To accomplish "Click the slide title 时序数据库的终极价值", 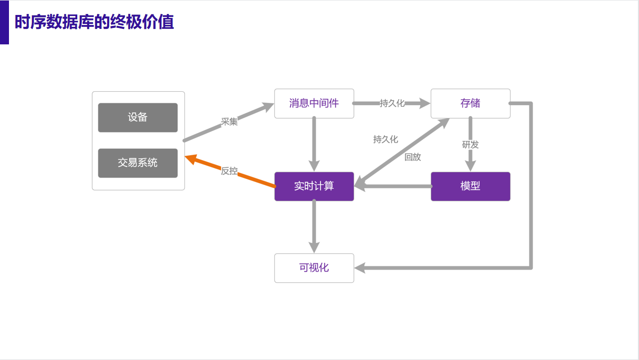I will [94, 22].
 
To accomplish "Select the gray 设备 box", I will [138, 118].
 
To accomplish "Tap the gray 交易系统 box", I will [138, 163].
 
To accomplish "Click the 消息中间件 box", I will [314, 104].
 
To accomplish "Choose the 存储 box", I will [470, 104].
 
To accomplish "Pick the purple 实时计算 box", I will [314, 186].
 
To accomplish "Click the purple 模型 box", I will [470, 186].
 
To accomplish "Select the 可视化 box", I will [314, 268].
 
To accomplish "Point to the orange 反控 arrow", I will [254, 179].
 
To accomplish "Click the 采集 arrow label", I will [229, 122].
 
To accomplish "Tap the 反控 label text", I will [229, 171].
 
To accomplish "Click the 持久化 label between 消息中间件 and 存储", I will [392, 103].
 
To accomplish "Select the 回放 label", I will [413, 157].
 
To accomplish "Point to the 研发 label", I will [470, 145].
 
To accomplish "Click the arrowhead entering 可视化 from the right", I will [360, 268].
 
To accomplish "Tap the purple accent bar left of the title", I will [4, 22].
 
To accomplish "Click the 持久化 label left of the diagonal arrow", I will [385, 140].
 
